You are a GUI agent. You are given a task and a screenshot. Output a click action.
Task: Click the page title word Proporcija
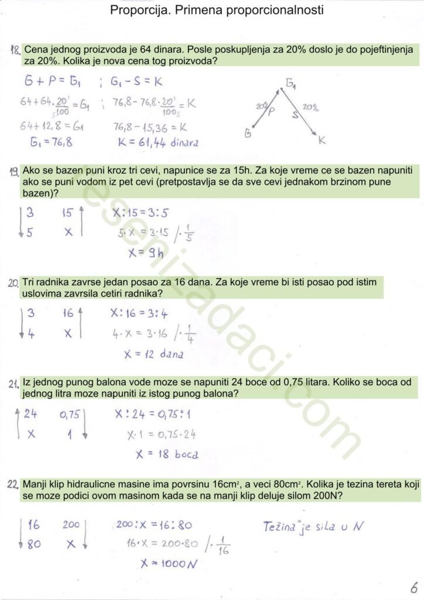coord(139,11)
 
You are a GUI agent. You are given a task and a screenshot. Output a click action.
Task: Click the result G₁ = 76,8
coord(52,142)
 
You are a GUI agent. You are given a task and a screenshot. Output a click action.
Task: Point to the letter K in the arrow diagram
coord(322,141)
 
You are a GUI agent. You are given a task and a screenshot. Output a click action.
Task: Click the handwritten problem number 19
coord(15,171)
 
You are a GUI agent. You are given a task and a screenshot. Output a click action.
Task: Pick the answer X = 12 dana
coord(155,354)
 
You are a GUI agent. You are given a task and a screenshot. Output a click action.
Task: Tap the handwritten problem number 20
coord(14,283)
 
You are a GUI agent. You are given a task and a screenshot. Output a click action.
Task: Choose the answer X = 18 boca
coord(166,454)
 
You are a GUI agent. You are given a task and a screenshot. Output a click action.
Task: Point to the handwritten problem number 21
coord(15,384)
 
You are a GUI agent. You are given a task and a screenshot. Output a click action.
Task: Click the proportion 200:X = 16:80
coord(154,525)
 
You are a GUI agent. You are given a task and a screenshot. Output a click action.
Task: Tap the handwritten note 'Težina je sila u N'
coord(313,526)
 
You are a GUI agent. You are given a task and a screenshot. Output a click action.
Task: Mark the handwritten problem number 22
coord(15,485)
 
